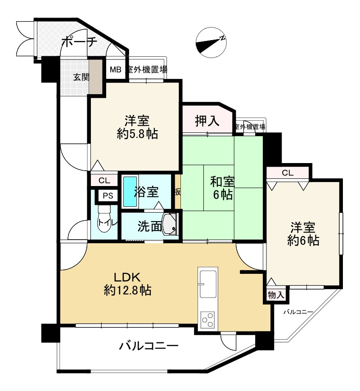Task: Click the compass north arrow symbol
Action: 211,42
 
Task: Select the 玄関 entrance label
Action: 81,77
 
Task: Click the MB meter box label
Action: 115,69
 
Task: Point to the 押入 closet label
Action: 207,121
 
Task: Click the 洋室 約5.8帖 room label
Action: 137,127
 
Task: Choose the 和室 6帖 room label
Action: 222,188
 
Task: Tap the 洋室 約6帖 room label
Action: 303,234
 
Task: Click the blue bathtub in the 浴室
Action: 130,191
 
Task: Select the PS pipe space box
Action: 108,196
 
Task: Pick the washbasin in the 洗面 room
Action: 170,224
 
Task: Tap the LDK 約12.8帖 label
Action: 127,284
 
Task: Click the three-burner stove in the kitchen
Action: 208,319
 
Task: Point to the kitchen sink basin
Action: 208,282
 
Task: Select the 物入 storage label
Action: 276,295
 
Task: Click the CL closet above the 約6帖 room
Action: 288,173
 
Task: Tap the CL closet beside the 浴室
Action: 104,180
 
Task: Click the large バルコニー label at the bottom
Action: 149,346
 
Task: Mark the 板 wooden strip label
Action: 178,192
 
